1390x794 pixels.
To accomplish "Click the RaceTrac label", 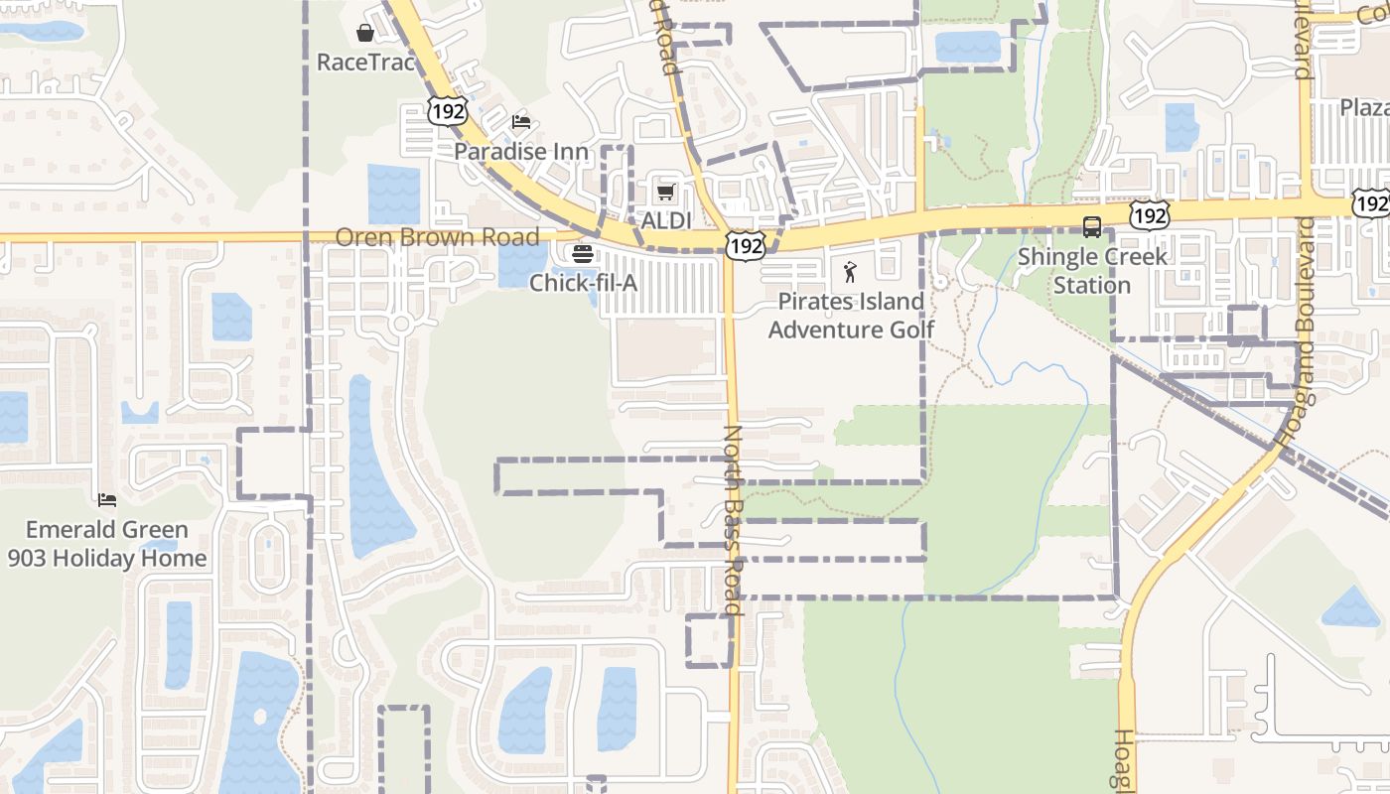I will [x=365, y=63].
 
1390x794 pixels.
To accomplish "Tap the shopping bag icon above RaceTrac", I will [x=365, y=33].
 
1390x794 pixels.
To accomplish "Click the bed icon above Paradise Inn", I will [x=521, y=123].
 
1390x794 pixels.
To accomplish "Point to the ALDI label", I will [x=665, y=220].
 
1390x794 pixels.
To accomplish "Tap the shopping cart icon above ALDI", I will [x=665, y=192].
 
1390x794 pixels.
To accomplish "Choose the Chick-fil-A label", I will [x=583, y=283].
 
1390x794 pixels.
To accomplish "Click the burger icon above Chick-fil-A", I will [x=583, y=254].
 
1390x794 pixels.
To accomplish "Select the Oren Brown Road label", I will [x=437, y=237].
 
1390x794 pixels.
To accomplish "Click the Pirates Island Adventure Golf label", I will [x=851, y=315].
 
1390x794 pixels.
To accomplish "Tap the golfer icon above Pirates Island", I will [x=850, y=272].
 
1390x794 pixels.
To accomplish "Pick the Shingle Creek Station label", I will [x=1092, y=271].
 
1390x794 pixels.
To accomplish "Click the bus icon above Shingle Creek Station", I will [x=1092, y=227].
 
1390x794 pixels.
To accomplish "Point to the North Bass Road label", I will [x=733, y=520].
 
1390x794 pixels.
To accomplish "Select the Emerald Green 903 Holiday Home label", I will [x=107, y=544].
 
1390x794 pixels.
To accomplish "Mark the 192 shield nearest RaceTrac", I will [x=448, y=111].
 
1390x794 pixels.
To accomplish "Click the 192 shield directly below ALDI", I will [x=745, y=245].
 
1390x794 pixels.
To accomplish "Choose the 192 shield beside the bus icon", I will [x=1149, y=215].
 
